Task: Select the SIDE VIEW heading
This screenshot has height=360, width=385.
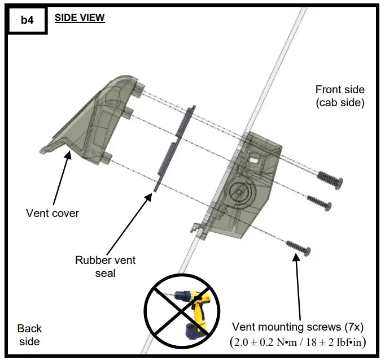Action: click(80, 18)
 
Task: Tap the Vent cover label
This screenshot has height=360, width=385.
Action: click(53, 213)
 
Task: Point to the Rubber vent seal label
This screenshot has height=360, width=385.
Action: click(106, 267)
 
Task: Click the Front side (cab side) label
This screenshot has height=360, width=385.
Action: click(340, 96)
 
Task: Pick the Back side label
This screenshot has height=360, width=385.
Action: click(29, 335)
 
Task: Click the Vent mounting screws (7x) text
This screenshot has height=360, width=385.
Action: click(298, 327)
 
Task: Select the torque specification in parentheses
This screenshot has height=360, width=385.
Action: click(298, 342)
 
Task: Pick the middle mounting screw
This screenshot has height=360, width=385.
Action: click(320, 202)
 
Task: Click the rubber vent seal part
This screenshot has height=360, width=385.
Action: click(173, 147)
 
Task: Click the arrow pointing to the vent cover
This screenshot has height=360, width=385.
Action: click(62, 177)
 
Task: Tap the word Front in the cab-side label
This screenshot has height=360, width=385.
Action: click(327, 90)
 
